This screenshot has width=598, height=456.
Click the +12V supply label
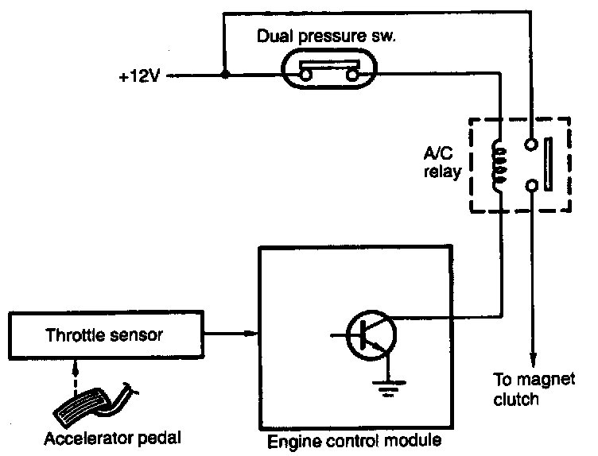pos(139,76)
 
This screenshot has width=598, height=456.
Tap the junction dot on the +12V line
pos(225,75)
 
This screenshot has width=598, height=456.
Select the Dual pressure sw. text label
pos(327,37)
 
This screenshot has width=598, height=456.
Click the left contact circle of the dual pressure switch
pos(305,75)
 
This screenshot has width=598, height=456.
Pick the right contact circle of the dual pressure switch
pos(352,75)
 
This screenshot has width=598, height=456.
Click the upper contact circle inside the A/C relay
pos(531,144)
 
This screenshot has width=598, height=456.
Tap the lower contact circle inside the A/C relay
pos(531,186)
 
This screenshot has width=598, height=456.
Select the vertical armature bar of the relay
pos(548,164)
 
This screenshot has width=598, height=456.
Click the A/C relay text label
pos(442,163)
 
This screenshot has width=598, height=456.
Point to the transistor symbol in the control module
pos(371,335)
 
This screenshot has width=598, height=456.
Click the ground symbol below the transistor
pos(388,388)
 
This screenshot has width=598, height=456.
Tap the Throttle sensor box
pos(106,335)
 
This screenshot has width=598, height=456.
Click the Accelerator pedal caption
pos(112,439)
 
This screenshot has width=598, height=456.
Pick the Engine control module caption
pos(355,441)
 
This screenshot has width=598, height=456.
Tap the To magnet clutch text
pos(534,389)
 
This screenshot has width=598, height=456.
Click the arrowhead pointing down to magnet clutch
pos(533,360)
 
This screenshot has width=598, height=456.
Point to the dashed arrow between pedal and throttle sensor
pos(75,378)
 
